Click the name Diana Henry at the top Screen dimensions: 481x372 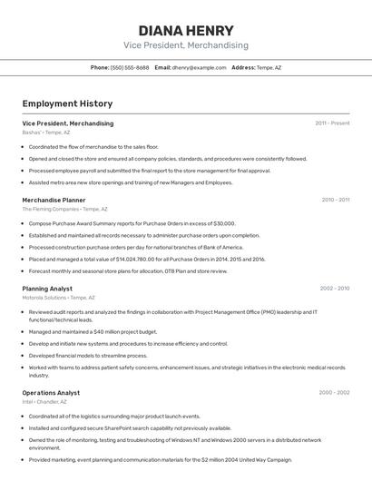185,30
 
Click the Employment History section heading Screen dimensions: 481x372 67,104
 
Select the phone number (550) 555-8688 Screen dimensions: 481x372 130,67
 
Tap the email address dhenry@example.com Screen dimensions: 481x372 200,67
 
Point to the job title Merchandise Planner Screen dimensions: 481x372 54,200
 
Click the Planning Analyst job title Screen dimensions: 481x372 47,289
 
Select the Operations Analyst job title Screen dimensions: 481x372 51,393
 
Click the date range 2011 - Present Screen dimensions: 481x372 332,123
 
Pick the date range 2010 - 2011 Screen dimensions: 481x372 335,200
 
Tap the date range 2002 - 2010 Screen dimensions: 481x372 334,289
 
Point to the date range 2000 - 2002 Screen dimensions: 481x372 334,393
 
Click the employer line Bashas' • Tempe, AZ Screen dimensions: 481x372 45,133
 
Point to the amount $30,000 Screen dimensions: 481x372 220,222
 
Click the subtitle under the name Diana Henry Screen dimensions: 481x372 185,45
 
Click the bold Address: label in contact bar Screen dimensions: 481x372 243,67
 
